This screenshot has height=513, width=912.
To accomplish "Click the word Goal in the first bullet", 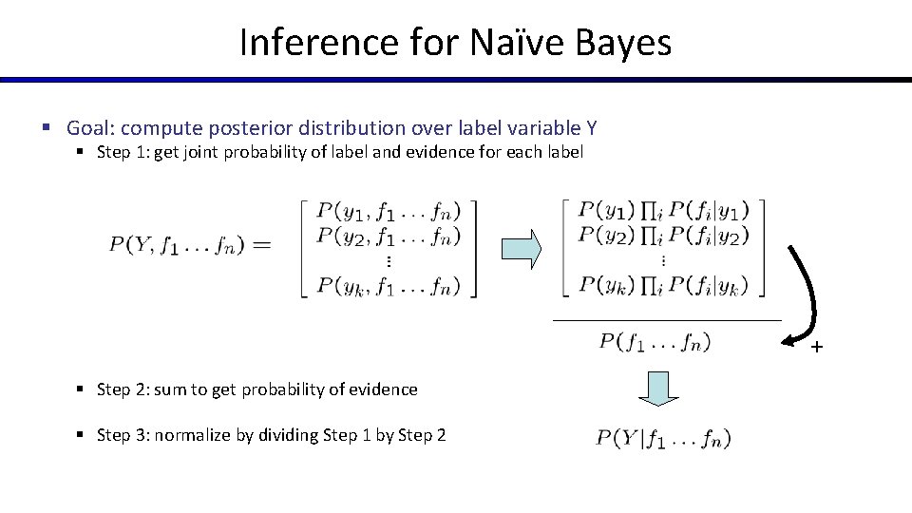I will [x=91, y=127].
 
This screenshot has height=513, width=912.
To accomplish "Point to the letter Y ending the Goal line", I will [x=592, y=127].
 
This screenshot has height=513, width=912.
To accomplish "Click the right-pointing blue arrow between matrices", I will [x=521, y=249].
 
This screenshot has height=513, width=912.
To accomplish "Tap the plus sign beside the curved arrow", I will [x=815, y=348].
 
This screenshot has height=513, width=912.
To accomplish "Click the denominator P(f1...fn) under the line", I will [x=655, y=341].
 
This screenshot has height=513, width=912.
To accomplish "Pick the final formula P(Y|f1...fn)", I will [x=663, y=438].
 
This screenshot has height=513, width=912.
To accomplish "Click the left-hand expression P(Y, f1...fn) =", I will [x=189, y=245].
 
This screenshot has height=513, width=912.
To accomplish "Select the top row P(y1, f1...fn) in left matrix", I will [x=389, y=211].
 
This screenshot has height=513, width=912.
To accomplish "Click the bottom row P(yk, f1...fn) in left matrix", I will [x=389, y=284].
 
